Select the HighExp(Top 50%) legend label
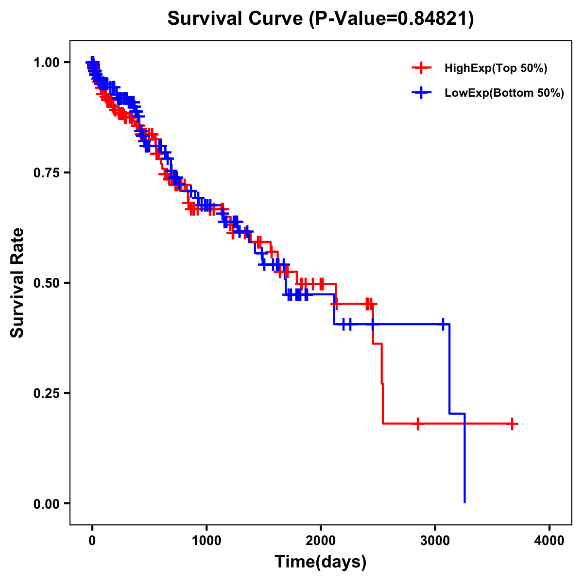[496, 69]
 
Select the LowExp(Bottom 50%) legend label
[504, 93]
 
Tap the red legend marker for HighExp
[422, 69]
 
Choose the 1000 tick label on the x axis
[206, 541]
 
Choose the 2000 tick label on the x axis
[321, 541]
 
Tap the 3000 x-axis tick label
[435, 541]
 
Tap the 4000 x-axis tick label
[549, 541]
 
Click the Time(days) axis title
[321, 562]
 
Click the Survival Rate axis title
[17, 283]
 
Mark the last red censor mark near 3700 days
[512, 424]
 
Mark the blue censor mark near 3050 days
[443, 324]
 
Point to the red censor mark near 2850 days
[417, 424]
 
